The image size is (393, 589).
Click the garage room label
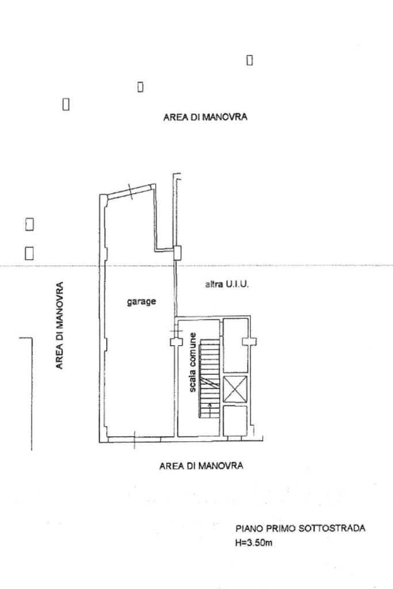(x=142, y=301)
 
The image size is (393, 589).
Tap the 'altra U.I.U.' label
(x=227, y=285)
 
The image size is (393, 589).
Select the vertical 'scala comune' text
(x=194, y=362)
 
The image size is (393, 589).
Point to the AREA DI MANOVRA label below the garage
(x=201, y=466)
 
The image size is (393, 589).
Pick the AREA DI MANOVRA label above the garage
(x=205, y=117)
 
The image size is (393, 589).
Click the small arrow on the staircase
(x=209, y=408)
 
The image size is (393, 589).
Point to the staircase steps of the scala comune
(x=210, y=380)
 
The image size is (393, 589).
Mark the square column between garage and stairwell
(x=174, y=342)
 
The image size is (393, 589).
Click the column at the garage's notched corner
(x=177, y=251)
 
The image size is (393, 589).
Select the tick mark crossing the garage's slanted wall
(x=131, y=192)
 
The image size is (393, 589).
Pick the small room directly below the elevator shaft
(x=235, y=420)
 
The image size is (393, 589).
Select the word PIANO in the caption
(x=247, y=529)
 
